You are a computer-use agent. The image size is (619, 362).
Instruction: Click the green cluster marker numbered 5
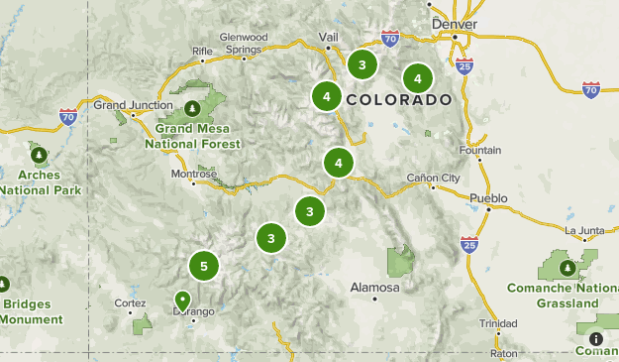click(203, 266)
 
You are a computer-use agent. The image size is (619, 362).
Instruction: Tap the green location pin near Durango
click(182, 299)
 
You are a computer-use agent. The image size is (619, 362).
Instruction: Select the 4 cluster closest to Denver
click(417, 77)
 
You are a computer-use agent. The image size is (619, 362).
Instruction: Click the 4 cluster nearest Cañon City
click(339, 162)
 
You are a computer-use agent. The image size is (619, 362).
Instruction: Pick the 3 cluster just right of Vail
click(362, 65)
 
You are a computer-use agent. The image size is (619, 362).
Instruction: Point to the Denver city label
click(455, 25)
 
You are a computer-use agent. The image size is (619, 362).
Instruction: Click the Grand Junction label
click(126, 103)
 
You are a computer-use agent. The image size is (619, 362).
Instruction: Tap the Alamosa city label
click(375, 288)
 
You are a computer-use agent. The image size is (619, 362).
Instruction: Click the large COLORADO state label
click(398, 99)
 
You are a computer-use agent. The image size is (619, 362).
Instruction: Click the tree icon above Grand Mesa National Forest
click(193, 107)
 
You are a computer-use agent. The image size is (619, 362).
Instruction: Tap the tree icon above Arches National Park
click(39, 155)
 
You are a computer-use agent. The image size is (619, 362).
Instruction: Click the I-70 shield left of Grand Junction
click(67, 116)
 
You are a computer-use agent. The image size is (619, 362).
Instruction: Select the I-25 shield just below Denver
click(465, 65)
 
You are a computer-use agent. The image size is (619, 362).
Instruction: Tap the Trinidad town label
click(497, 323)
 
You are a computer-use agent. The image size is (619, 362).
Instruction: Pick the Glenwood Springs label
click(244, 43)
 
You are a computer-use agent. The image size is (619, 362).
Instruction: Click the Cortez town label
click(130, 302)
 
